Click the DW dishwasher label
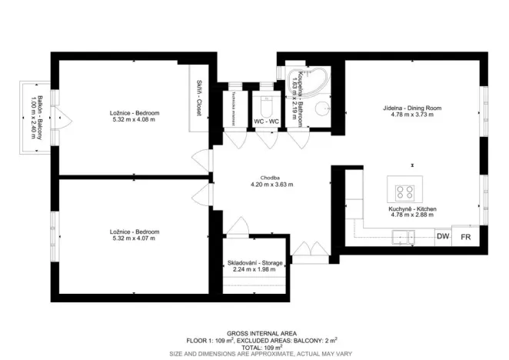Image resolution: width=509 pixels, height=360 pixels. coord(443,236)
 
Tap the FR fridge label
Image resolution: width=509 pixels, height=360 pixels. coord(465,236)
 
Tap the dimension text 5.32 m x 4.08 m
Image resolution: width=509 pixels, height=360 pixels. coord(135,120)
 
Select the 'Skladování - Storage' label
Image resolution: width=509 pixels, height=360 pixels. coord(254,263)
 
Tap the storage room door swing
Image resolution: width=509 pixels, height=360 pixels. coord(238,226)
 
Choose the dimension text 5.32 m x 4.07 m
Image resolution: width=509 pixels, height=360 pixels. coord(135,238)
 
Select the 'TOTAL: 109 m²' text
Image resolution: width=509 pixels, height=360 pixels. coord(254,347)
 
